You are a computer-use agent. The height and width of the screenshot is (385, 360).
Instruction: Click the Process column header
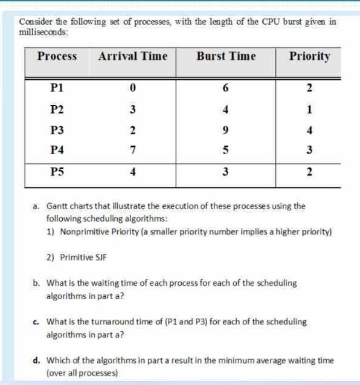tap(57, 57)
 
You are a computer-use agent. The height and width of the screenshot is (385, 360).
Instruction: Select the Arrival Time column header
tap(132, 57)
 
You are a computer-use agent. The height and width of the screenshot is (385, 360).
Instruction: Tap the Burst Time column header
tap(226, 57)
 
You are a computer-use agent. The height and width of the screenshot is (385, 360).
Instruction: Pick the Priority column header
tap(309, 57)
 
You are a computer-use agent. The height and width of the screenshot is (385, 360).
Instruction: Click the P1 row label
tap(57, 88)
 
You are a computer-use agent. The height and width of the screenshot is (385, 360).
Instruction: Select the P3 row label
tap(57, 130)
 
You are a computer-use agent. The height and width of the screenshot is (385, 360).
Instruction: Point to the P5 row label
tap(57, 172)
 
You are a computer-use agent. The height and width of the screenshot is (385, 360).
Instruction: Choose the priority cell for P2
tap(309, 109)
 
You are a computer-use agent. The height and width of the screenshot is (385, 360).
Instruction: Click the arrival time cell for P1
tap(132, 88)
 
